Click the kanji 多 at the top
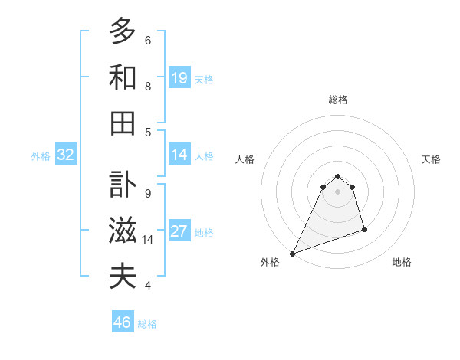pos(123,31)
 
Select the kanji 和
pos(123,77)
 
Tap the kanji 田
pos(123,123)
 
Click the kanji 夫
pos(123,277)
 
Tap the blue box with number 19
pos(179,78)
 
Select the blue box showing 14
pos(179,155)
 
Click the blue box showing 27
pos(179,232)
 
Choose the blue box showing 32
pos(66,155)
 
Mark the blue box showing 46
pos(123,322)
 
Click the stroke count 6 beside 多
pos(148,40)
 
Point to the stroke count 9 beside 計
pos(148,193)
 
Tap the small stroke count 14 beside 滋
pos(148,240)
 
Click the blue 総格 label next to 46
pos(147,324)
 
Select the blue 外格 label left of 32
pos(41,156)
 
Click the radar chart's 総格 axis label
pos(337,100)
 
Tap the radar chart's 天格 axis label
pos(431,159)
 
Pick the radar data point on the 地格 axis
pos(364,229)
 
